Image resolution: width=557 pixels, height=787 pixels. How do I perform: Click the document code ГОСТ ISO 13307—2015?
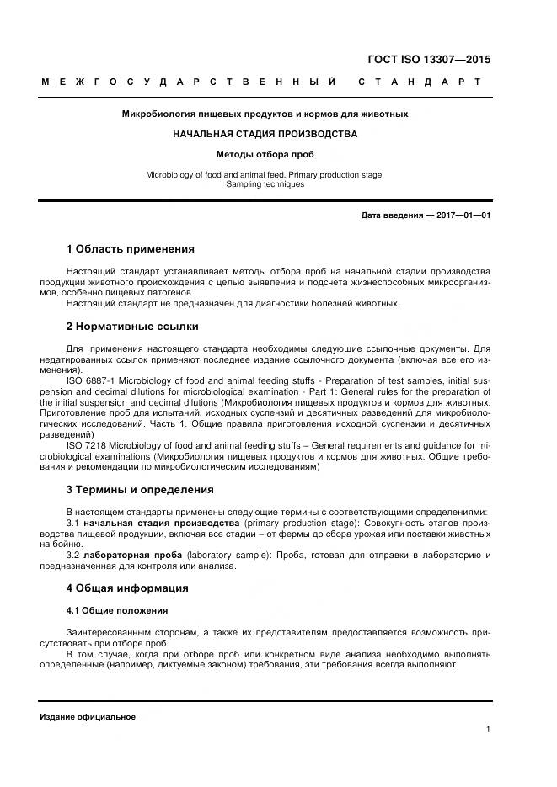(x=429, y=60)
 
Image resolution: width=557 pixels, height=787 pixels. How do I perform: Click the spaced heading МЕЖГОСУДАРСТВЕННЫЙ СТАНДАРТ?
(x=260, y=82)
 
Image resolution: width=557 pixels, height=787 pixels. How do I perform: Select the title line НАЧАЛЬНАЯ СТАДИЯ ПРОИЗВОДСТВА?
(x=265, y=134)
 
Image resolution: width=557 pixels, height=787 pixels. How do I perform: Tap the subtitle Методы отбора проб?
(x=265, y=155)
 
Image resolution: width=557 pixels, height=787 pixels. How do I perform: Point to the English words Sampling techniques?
(x=265, y=184)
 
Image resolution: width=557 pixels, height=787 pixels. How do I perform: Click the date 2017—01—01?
(x=463, y=215)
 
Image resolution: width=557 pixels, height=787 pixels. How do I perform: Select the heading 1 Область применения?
(x=130, y=249)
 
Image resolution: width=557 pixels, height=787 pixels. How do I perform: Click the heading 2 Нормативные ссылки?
(x=132, y=326)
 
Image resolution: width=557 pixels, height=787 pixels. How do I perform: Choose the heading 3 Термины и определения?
(x=140, y=489)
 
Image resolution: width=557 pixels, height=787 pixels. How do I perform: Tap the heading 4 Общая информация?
(x=127, y=588)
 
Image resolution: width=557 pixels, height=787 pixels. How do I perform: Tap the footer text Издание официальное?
(x=88, y=717)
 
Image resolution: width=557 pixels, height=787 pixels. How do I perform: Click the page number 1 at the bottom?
(x=488, y=730)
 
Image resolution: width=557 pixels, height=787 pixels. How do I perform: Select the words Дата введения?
(x=391, y=215)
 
